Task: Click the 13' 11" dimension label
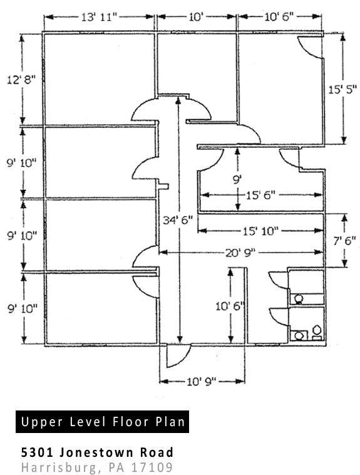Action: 99,17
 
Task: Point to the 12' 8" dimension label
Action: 21,80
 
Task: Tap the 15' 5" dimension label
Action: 342,90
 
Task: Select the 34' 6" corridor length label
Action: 178,220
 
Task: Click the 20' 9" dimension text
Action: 240,253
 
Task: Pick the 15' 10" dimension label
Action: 260,231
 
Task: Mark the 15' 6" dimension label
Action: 260,196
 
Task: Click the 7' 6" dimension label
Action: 344,241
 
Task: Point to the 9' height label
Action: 237,180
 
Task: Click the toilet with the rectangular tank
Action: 317,332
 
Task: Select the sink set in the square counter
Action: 299,335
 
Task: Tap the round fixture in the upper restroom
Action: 299,299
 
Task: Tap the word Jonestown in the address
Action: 96,452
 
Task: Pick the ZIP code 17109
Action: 152,467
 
